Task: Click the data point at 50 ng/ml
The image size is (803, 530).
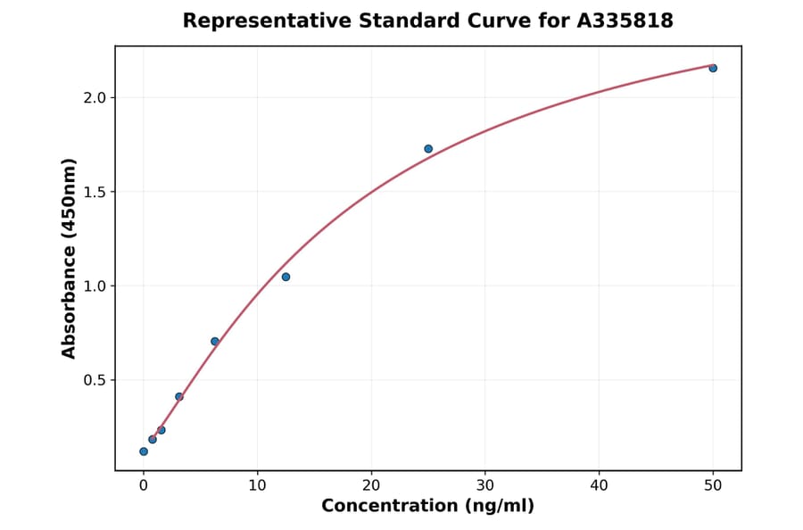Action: click(713, 68)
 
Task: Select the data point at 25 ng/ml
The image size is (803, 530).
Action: click(428, 149)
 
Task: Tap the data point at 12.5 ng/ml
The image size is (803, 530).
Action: click(286, 277)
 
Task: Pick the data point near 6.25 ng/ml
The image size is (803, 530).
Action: click(215, 342)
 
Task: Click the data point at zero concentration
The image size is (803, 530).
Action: click(144, 451)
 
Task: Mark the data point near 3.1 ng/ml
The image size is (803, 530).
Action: click(179, 396)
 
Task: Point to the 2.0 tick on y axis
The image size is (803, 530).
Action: click(93, 97)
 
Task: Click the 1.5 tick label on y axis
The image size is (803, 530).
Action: click(93, 192)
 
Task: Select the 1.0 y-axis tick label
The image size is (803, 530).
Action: click(93, 286)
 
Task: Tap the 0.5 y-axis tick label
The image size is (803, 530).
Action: click(93, 380)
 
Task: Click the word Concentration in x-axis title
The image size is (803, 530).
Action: click(390, 506)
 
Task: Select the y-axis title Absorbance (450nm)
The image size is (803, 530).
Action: click(69, 259)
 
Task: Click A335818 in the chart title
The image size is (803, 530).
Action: click(624, 21)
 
